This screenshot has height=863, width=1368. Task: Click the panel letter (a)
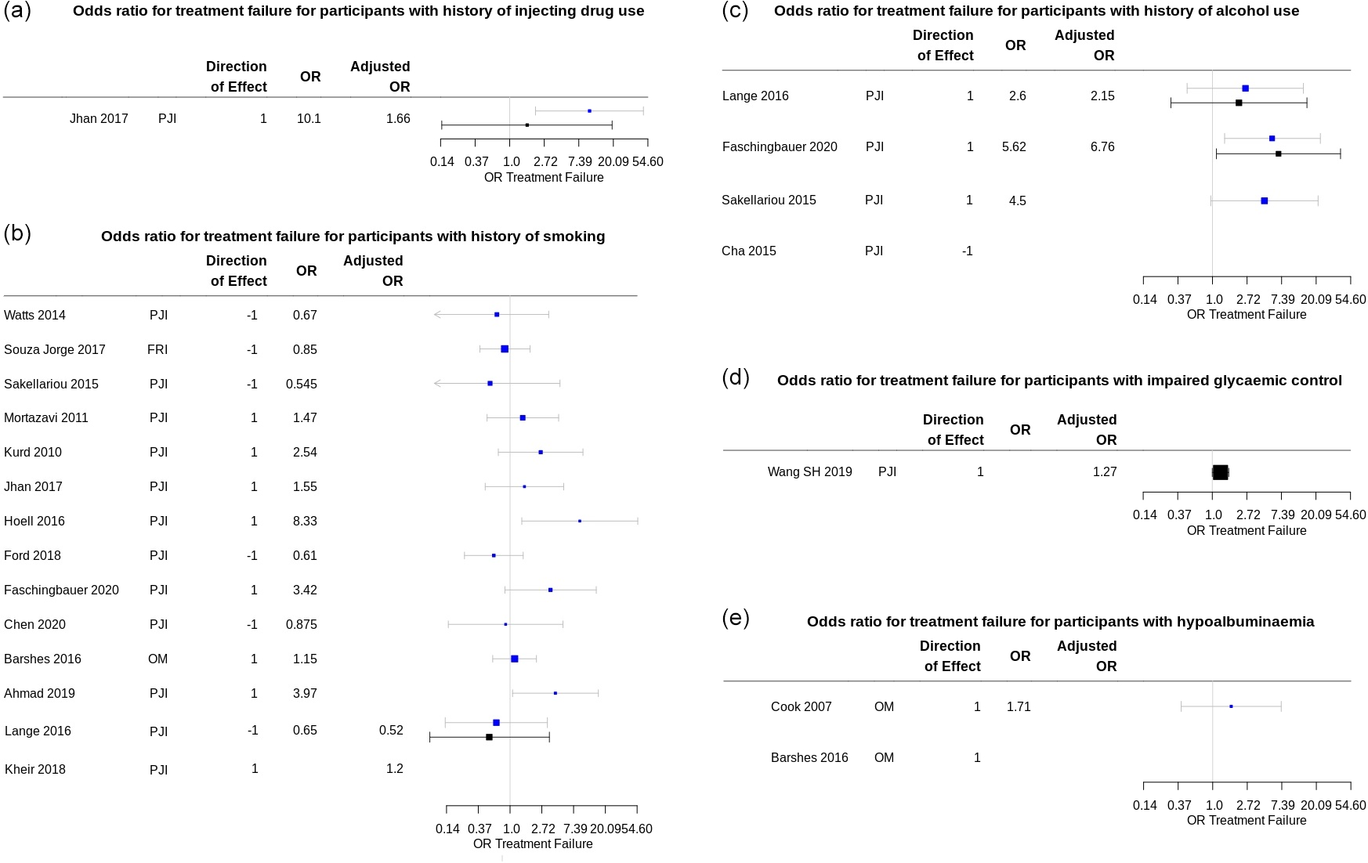tap(17, 11)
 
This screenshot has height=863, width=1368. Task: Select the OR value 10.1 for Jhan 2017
tap(309, 119)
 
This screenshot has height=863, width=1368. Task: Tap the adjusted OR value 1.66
tap(398, 119)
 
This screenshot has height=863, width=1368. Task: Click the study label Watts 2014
tap(34, 316)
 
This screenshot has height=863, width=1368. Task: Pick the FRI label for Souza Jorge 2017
tap(157, 350)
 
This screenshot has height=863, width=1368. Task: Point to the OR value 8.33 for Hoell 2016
tap(305, 522)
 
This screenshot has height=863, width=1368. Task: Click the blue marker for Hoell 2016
tap(580, 521)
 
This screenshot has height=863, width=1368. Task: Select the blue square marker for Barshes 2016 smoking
tap(515, 659)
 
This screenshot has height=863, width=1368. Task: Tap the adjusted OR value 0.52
tap(391, 731)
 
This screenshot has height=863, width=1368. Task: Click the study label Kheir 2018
tap(35, 770)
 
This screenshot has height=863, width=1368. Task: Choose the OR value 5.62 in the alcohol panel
tap(1014, 147)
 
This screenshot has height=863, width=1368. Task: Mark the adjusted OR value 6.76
tap(1102, 147)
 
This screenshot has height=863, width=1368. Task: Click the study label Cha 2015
tap(749, 251)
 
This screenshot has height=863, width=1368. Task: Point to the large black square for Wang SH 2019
tap(1221, 472)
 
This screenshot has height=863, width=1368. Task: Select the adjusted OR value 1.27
tap(1105, 472)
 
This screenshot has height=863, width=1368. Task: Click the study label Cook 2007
tap(802, 707)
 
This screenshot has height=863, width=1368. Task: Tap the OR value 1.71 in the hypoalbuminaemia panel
tap(1019, 707)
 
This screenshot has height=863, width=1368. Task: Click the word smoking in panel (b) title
tap(575, 237)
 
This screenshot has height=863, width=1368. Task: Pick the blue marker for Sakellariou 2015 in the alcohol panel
tap(1264, 201)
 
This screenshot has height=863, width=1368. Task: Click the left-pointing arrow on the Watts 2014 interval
tap(437, 315)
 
